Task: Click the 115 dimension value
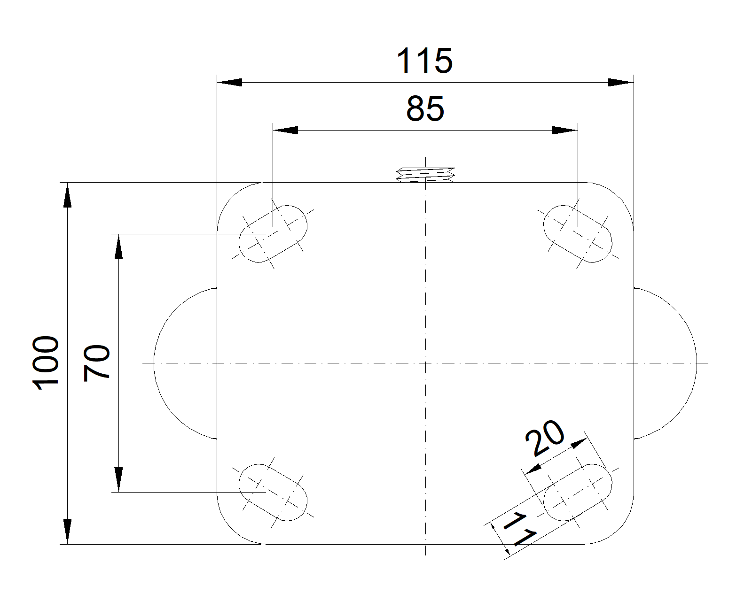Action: [424, 61]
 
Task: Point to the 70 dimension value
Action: [96, 362]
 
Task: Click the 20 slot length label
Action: [545, 439]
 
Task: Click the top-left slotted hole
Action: [273, 234]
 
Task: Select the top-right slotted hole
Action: [578, 233]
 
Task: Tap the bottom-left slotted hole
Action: [273, 492]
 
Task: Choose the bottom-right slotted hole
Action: [578, 493]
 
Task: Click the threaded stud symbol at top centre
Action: [426, 174]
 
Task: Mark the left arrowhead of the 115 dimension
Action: [229, 83]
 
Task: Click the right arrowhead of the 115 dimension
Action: [620, 83]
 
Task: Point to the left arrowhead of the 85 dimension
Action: [286, 130]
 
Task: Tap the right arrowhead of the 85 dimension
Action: [564, 130]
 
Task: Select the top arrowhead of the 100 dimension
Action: [68, 195]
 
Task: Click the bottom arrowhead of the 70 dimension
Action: [119, 479]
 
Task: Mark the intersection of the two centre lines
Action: [425, 363]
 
